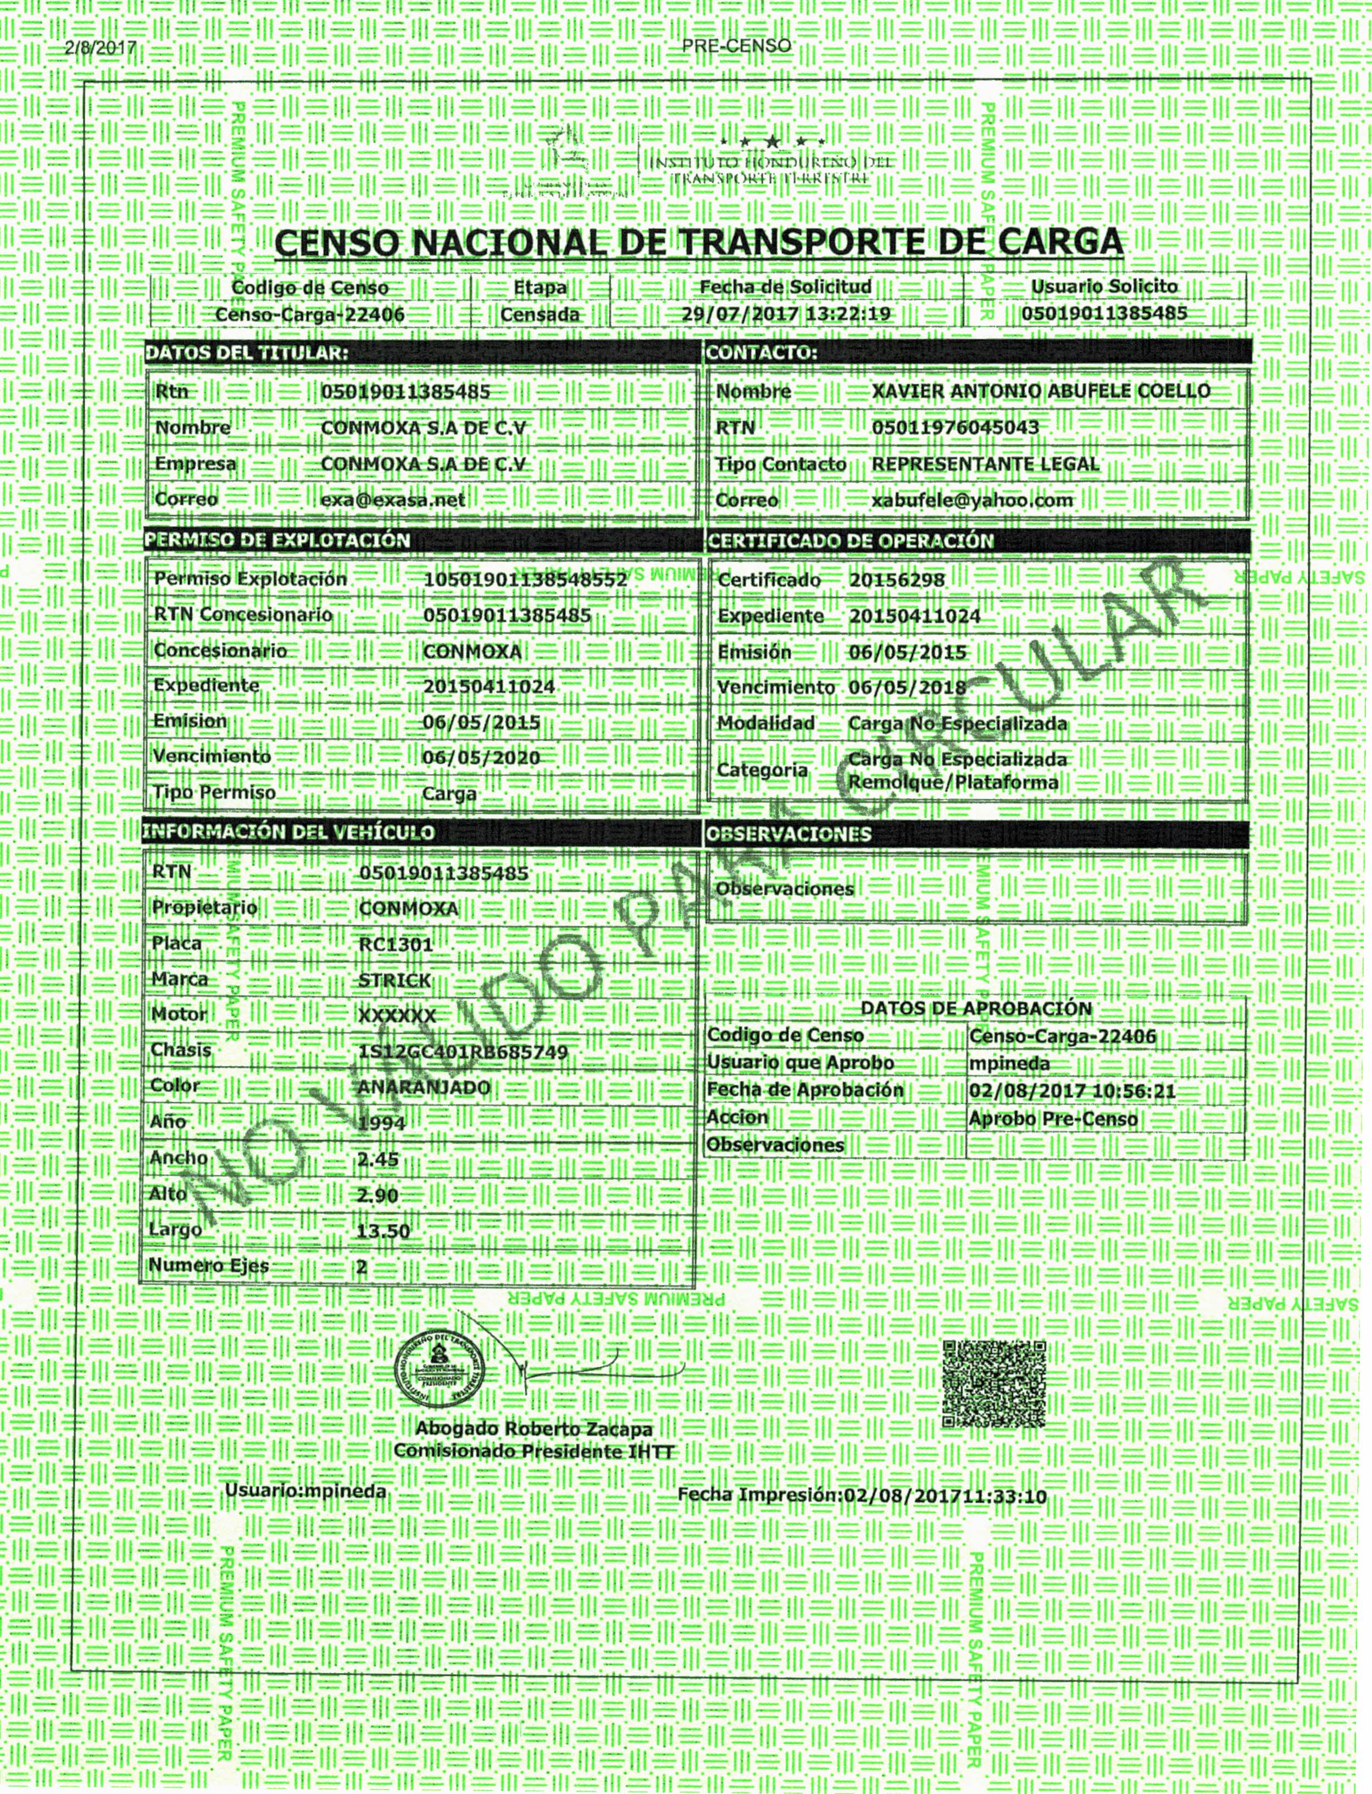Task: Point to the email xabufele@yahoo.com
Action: click(972, 500)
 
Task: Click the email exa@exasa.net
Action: click(393, 499)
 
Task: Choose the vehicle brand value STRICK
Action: click(395, 980)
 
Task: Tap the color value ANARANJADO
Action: click(424, 1088)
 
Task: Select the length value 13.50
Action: click(383, 1231)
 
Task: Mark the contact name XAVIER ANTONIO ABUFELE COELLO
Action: click(1041, 391)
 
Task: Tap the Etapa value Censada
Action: click(540, 314)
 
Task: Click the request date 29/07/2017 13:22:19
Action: click(786, 314)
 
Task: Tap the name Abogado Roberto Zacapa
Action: click(534, 1429)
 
